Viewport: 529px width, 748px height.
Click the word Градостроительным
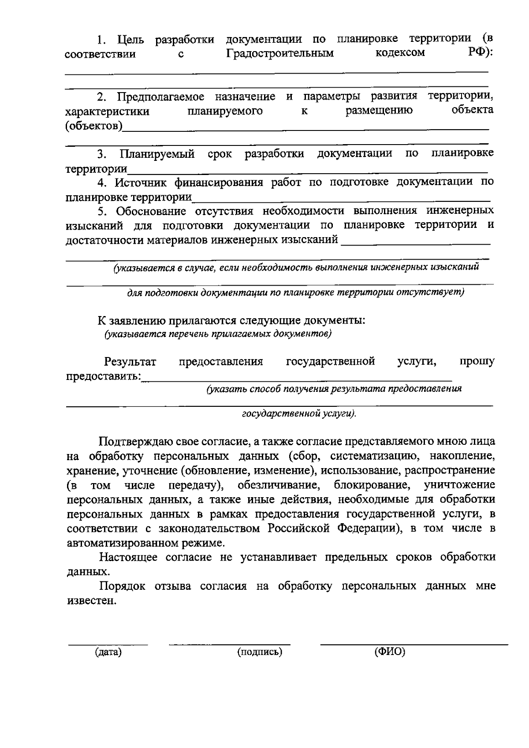(x=280, y=54)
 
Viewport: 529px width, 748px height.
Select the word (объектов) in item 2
(x=94, y=127)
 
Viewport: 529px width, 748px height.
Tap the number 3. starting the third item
(x=102, y=154)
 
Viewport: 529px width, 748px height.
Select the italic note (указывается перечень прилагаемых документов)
(x=218, y=334)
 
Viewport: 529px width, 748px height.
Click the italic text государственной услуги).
(x=299, y=414)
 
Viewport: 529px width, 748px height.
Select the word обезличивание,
(x=279, y=485)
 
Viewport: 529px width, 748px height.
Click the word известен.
(x=92, y=601)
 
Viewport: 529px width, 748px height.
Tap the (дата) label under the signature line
(x=108, y=652)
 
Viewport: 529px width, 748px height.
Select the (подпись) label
(x=260, y=652)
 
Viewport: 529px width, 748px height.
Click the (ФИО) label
(x=390, y=652)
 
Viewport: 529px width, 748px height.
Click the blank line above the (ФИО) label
(x=414, y=644)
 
